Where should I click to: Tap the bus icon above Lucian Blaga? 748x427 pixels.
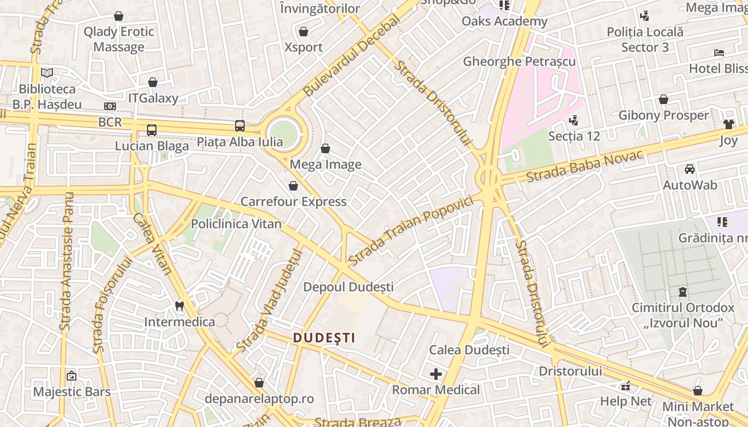pos(152,130)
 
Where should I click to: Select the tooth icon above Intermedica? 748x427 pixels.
pos(180,306)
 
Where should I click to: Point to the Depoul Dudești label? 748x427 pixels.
pos(348,287)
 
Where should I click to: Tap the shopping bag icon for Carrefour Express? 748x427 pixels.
pos(293,186)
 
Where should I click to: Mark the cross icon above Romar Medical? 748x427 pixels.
pos(436,374)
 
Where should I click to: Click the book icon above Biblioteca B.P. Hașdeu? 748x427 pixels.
pos(47,73)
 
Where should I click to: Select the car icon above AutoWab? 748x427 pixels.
pos(690,169)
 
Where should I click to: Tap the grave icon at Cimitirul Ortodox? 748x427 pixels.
pos(683,292)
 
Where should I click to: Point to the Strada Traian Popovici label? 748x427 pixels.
pos(411,231)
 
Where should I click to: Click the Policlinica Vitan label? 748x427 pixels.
pos(236,224)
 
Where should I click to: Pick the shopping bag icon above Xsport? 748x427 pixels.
pos(303,31)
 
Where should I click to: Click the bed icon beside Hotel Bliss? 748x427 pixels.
pos(719,52)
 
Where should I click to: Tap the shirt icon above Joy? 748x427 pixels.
pos(729,124)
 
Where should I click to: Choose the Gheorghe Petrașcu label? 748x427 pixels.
pos(519,61)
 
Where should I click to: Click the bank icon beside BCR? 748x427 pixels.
pos(110,106)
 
